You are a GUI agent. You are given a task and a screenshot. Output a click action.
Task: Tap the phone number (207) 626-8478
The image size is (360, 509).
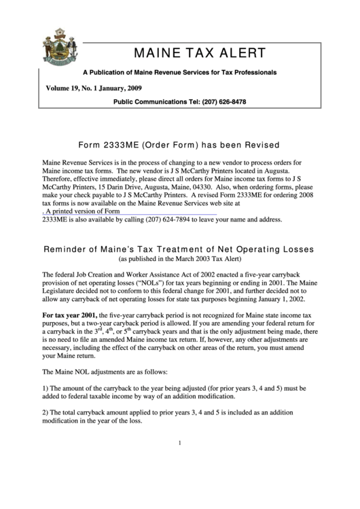(x=222, y=103)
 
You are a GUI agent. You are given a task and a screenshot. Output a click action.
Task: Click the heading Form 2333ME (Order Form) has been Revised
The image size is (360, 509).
(x=179, y=145)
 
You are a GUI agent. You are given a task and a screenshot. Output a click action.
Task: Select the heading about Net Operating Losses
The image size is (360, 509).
(x=179, y=249)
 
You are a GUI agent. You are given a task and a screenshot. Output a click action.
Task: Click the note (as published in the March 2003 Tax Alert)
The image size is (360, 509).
(x=179, y=260)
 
